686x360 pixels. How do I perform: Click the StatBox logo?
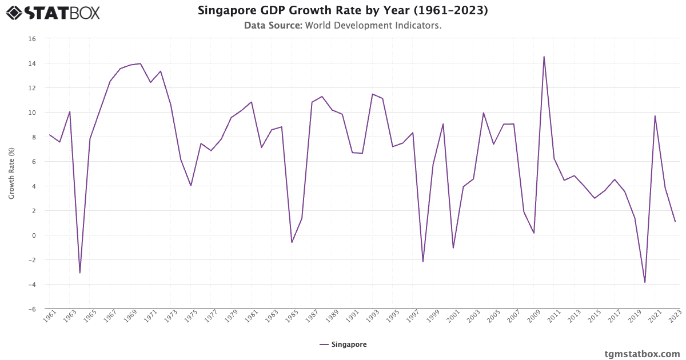pyautogui.click(x=53, y=12)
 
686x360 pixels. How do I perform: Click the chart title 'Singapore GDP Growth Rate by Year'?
pyautogui.click(x=342, y=11)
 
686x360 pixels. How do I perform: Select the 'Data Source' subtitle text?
pyautogui.click(x=342, y=26)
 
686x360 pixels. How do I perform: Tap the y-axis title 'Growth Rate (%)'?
pyautogui.click(x=11, y=173)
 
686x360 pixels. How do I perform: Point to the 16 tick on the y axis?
pyautogui.click(x=32, y=39)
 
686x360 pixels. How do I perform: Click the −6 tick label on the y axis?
pyautogui.click(x=32, y=309)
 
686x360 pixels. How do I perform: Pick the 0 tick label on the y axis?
pyautogui.click(x=34, y=235)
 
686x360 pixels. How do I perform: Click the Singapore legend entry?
pyautogui.click(x=343, y=345)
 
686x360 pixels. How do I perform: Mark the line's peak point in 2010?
pyautogui.click(x=544, y=57)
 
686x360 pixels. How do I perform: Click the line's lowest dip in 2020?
pyautogui.click(x=645, y=282)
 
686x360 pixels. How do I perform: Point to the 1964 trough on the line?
pyautogui.click(x=80, y=273)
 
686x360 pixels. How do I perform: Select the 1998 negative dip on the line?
pyautogui.click(x=423, y=262)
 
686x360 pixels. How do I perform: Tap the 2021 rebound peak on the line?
pyautogui.click(x=655, y=116)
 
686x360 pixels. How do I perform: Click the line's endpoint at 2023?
pyautogui.click(x=675, y=222)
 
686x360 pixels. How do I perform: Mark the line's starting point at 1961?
pyautogui.click(x=50, y=135)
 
